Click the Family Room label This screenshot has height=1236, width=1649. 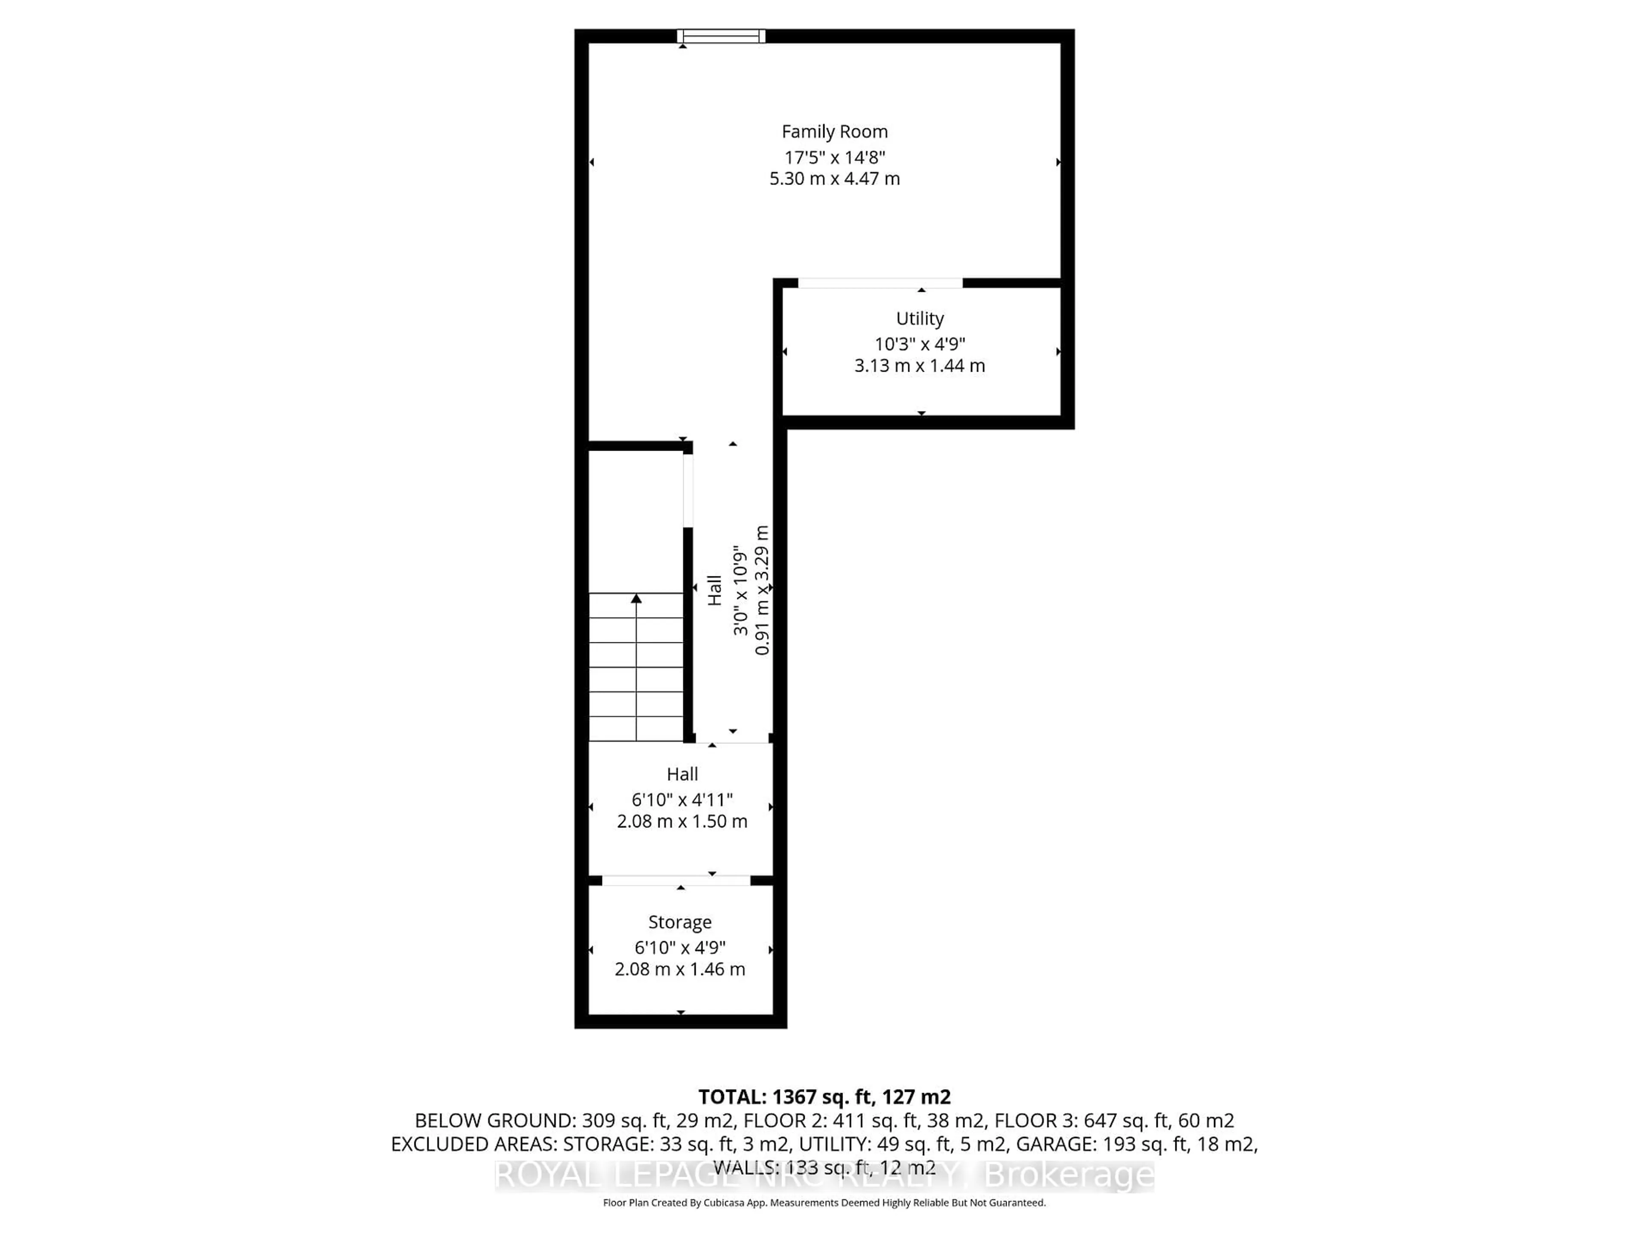click(834, 132)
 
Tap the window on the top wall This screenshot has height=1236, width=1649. click(721, 36)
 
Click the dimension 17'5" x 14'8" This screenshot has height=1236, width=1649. click(834, 158)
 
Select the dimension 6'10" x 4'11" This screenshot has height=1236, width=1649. click(682, 800)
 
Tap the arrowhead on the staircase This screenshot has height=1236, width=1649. click(636, 598)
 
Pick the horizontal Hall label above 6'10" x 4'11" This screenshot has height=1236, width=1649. click(682, 774)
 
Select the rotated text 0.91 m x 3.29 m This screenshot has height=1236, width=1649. click(762, 590)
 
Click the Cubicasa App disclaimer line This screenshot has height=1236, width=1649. click(824, 1203)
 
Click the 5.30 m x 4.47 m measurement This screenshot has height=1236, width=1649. click(834, 179)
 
